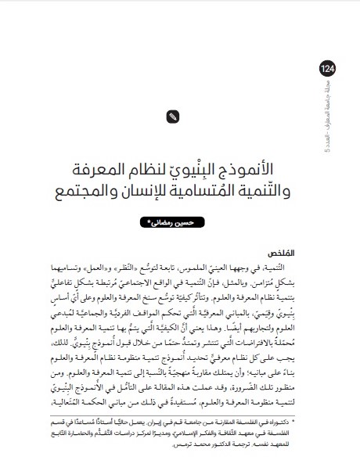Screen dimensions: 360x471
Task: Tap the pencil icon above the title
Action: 173,117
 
